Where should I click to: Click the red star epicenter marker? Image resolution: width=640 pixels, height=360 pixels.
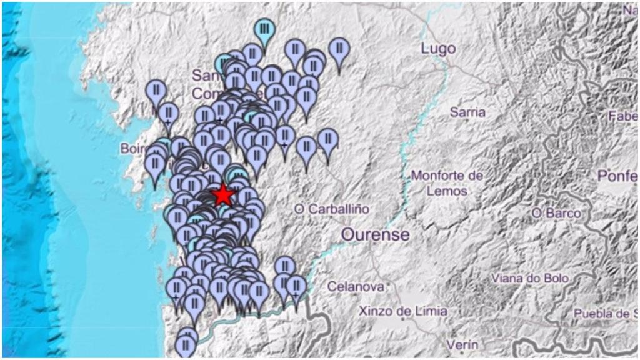(x=222, y=196)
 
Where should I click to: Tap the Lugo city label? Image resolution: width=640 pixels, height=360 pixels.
(x=438, y=49)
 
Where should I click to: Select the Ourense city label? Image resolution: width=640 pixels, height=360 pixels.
(x=376, y=235)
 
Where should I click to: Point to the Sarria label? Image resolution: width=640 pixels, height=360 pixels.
(x=467, y=112)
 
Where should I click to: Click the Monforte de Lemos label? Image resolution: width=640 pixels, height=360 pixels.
(x=447, y=183)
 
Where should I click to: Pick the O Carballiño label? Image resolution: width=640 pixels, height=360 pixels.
(x=331, y=209)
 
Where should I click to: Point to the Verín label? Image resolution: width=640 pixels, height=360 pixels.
(x=462, y=344)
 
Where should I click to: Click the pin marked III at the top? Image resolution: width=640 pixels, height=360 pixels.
(x=265, y=29)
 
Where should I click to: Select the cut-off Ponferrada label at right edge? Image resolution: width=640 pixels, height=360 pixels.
(x=617, y=176)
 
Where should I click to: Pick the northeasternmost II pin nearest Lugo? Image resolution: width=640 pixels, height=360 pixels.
(x=339, y=48)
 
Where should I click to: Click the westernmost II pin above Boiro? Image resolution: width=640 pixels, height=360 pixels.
(x=156, y=90)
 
